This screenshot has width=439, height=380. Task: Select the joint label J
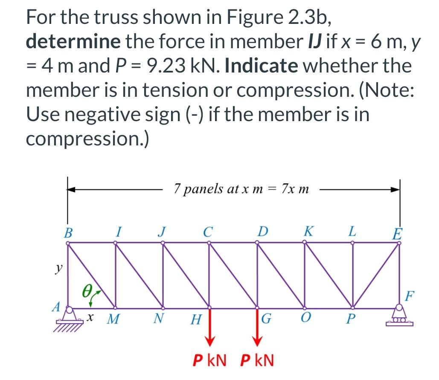pos(161,232)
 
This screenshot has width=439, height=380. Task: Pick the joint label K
pos(308,232)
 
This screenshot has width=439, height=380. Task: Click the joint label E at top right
pos(397,234)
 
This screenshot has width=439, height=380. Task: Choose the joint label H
pos(196,319)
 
